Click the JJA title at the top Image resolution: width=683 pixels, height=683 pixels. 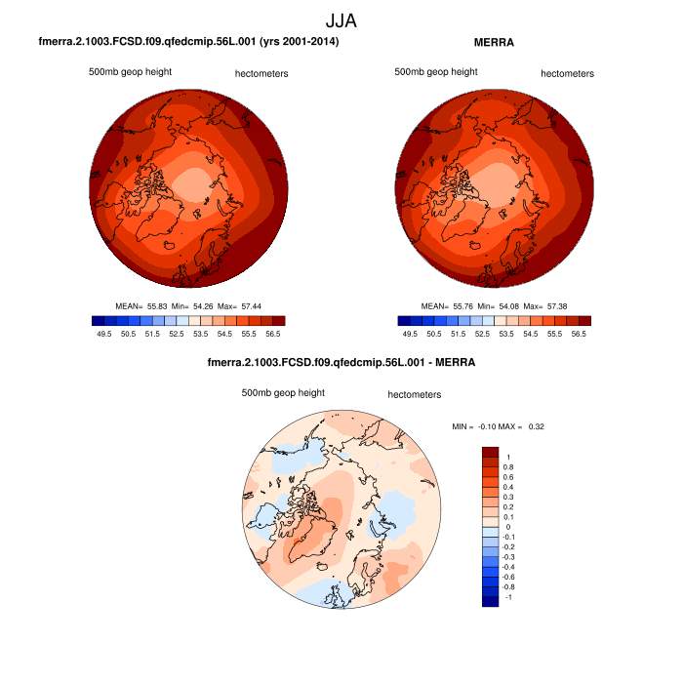pos(341,20)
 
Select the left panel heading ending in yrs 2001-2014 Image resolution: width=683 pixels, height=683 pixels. pos(188,42)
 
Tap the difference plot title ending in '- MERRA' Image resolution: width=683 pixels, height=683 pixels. pos(341,363)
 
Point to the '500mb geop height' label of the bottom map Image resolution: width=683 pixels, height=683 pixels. pos(283,392)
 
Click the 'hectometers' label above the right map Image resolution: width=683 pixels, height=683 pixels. pos(567,73)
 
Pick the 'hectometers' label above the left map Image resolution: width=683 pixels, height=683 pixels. pos(261,73)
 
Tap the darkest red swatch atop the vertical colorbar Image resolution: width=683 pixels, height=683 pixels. pos(490,453)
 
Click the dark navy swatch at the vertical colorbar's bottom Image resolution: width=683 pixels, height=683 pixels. pos(490,601)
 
